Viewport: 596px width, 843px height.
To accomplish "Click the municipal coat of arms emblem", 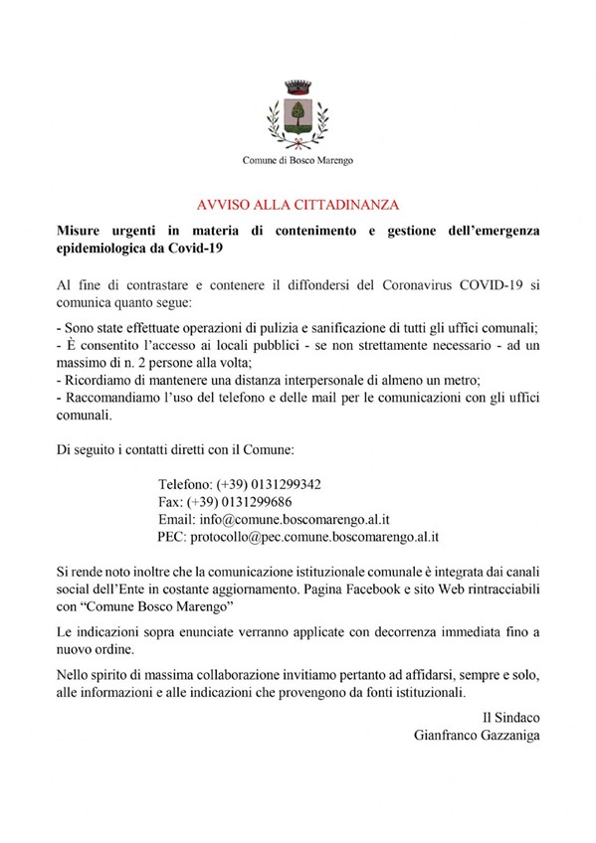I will tap(298, 111).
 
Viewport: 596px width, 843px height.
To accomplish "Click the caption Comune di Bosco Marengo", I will tap(298, 161).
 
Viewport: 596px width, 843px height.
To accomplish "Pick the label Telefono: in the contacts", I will tap(185, 484).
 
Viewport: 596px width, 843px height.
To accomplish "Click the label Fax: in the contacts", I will tap(171, 501).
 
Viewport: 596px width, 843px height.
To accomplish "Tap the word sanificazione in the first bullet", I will tap(348, 327).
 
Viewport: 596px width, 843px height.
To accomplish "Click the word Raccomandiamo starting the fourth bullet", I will tap(110, 399).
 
